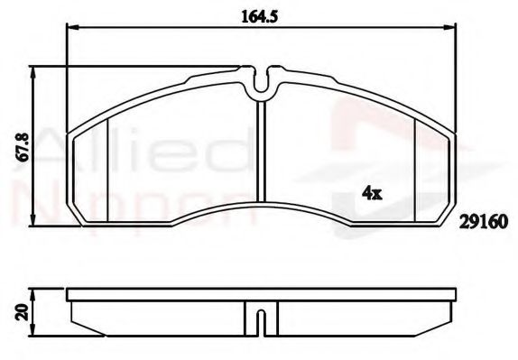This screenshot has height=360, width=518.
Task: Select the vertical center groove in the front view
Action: [x=260, y=158]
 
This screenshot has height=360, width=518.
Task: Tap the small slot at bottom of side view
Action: [x=260, y=321]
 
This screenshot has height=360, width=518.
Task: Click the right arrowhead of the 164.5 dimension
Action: [x=451, y=29]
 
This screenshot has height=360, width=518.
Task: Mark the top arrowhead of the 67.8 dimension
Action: [x=35, y=69]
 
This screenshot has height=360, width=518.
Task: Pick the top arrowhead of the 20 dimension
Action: [x=35, y=291]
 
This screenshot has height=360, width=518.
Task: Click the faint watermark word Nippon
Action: [x=135, y=203]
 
